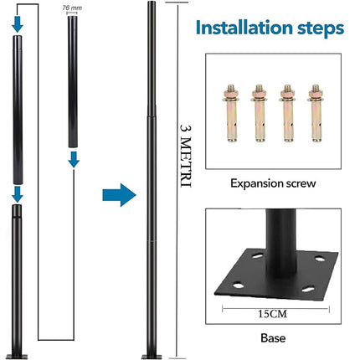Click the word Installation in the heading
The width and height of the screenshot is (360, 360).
pyautogui.click(x=244, y=28)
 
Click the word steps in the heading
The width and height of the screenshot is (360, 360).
pyautogui.click(x=321, y=29)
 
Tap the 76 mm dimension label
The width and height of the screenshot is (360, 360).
pyautogui.click(x=72, y=8)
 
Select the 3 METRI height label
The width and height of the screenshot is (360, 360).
pyautogui.click(x=186, y=156)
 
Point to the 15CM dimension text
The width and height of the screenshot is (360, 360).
pyautogui.click(x=272, y=314)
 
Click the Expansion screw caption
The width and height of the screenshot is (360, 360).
pyautogui.click(x=273, y=183)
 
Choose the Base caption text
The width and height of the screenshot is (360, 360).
pyautogui.click(x=273, y=338)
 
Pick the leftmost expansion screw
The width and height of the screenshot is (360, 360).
pyautogui.click(x=231, y=113)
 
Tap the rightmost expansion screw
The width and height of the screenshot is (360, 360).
pyautogui.click(x=316, y=113)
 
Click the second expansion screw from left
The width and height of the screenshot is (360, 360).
pyautogui.click(x=260, y=113)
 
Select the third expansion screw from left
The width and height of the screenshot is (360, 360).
pyautogui.click(x=287, y=113)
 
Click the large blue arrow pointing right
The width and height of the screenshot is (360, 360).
pyautogui.click(x=119, y=195)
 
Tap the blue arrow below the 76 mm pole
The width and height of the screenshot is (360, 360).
pyautogui.click(x=74, y=160)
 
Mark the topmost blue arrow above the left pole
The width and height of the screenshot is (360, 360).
pyautogui.click(x=18, y=24)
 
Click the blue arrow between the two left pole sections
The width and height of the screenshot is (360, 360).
pyautogui.click(x=18, y=194)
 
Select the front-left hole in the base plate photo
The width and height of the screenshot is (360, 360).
pyautogui.click(x=238, y=285)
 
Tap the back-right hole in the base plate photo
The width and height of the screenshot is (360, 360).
pyautogui.click(x=320, y=259)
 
